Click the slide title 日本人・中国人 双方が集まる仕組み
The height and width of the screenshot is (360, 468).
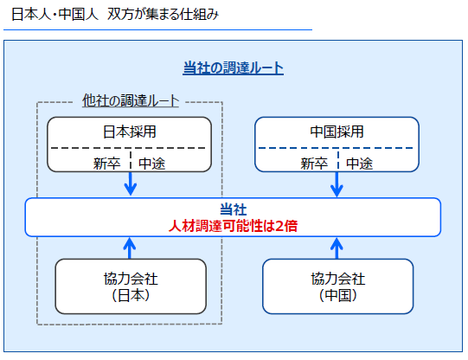pyautogui.click(x=115, y=14)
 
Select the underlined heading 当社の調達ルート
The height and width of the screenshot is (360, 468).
pyautogui.click(x=233, y=68)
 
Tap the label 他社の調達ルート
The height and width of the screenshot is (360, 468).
pyautogui.click(x=131, y=100)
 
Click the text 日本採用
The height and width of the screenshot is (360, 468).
pyautogui.click(x=129, y=132)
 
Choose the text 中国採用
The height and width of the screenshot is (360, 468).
pyautogui.click(x=337, y=132)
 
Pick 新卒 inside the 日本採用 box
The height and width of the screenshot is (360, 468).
pyautogui.click(x=107, y=164)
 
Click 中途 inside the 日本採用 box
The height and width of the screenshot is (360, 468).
pyautogui.click(x=152, y=164)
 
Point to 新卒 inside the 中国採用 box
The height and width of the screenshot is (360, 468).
pyautogui.click(x=314, y=164)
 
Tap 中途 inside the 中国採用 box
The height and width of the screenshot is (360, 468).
pyautogui.click(x=359, y=164)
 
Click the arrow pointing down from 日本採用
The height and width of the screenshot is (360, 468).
pyautogui.click(x=131, y=183)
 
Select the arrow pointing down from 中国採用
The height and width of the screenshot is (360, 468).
pyautogui.click(x=337, y=184)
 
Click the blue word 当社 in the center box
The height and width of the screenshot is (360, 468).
pyautogui.click(x=233, y=209)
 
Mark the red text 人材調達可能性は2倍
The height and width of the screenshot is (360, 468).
pyautogui.click(x=233, y=226)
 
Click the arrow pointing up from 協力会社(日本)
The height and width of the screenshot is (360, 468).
pyautogui.click(x=130, y=248)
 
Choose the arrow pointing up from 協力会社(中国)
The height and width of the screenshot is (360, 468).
pyautogui.click(x=337, y=248)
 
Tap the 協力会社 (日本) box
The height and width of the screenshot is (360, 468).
pyautogui.click(x=131, y=286)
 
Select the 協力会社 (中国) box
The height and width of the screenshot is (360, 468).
pyautogui.click(x=338, y=286)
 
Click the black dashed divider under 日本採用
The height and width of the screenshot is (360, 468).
pyautogui.click(x=128, y=148)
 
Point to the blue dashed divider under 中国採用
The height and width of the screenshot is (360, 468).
pyautogui.click(x=336, y=148)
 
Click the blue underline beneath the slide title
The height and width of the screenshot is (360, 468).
pyautogui.click(x=157, y=29)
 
